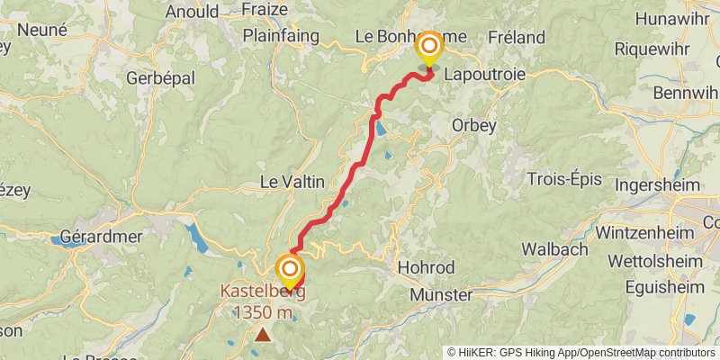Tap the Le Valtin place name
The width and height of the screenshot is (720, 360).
click(x=292, y=181)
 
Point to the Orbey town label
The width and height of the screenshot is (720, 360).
click(x=473, y=125)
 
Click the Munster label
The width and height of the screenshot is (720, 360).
click(x=440, y=294)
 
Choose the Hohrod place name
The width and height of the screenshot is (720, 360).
click(x=426, y=267)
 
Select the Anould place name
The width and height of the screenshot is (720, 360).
click(x=192, y=13)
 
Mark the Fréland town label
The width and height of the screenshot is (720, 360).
click(x=516, y=37)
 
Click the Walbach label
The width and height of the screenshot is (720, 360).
click(x=554, y=248)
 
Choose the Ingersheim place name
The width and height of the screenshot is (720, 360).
click(x=658, y=184)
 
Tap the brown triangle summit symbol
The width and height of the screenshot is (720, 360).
click(x=263, y=335)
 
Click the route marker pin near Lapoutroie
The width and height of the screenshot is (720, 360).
click(x=429, y=49)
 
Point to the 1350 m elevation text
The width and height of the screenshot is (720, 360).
click(x=263, y=312)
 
